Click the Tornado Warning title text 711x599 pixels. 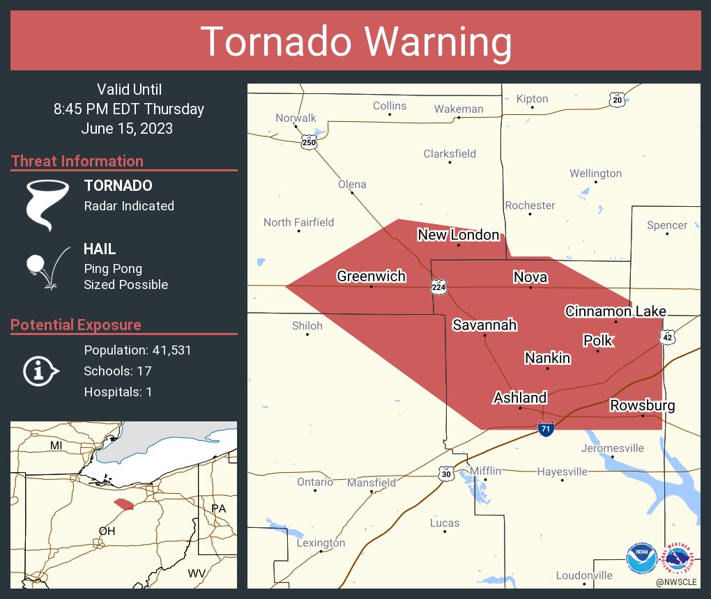[x=355, y=42]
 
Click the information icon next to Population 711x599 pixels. [x=41, y=371]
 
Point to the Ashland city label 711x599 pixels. [x=520, y=398]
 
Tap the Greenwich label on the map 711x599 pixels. [x=371, y=277]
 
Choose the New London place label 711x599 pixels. [x=458, y=235]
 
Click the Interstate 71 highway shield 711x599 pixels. [x=546, y=429]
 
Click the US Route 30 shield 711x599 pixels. [x=446, y=474]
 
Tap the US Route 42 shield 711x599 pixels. [x=668, y=336]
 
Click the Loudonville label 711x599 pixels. [x=584, y=575]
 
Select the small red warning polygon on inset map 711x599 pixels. [x=123, y=504]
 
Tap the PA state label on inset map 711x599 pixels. [x=218, y=508]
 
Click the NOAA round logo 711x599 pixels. [x=641, y=559]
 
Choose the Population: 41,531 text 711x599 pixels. [x=137, y=350]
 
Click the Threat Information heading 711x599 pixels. [x=77, y=162]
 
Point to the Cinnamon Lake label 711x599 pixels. [x=615, y=311]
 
